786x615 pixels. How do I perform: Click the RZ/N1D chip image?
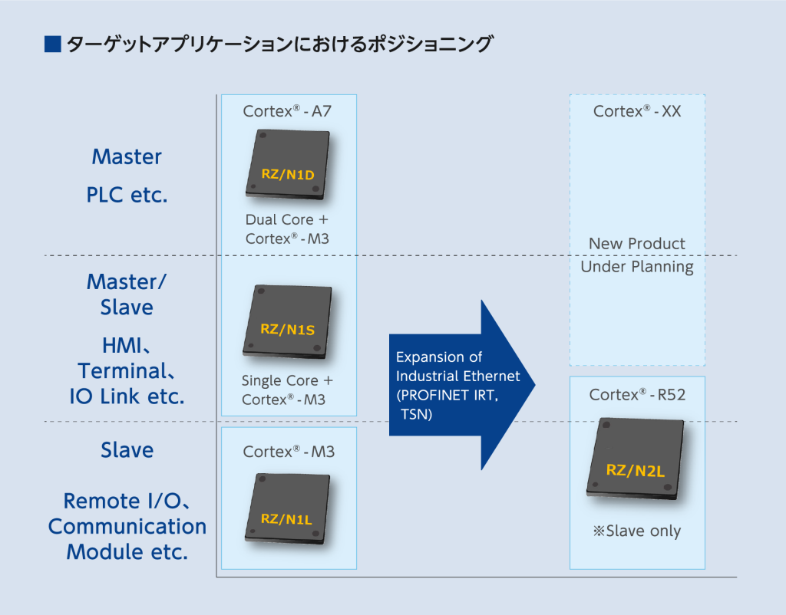click(288, 165)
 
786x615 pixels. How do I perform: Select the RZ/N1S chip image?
click(288, 321)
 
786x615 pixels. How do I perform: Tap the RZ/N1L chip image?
click(288, 508)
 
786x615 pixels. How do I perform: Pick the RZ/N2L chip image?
click(636, 459)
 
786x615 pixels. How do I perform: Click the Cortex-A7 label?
click(287, 110)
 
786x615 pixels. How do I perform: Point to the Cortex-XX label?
click(637, 110)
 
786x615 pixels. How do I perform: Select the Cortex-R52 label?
click(637, 395)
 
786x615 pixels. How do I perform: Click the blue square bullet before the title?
click(53, 44)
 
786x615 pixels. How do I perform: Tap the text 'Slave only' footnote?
click(637, 531)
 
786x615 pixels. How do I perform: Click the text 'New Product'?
click(636, 243)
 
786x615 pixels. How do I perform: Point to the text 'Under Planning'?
click(637, 267)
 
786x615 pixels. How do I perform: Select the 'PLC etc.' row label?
click(127, 195)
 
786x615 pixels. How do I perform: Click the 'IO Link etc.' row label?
click(127, 396)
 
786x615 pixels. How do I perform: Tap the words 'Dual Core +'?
click(287, 219)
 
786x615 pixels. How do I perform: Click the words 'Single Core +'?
click(287, 380)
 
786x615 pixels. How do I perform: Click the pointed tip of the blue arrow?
click(535, 385)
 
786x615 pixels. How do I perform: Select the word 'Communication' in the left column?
click(127, 526)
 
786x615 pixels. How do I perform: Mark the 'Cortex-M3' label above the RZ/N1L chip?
click(289, 452)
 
